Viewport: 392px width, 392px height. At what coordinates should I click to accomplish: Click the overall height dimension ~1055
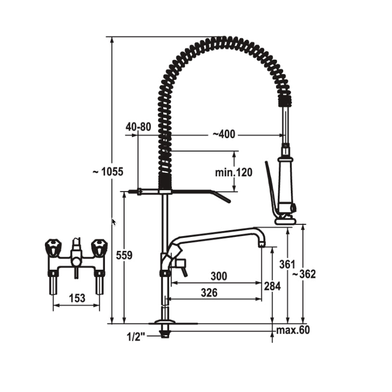pyautogui.click(x=108, y=172)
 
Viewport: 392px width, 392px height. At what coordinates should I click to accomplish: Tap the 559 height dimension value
pyautogui.click(x=124, y=255)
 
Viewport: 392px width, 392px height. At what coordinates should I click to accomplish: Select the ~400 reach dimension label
pyautogui.click(x=224, y=134)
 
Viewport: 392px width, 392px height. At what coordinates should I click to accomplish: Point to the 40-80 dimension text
pyautogui.click(x=138, y=127)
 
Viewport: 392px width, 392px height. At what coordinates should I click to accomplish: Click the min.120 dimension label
pyautogui.click(x=234, y=172)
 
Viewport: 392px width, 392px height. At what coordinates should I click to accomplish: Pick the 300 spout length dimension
pyautogui.click(x=219, y=276)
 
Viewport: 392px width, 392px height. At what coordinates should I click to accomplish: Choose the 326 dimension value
pyautogui.click(x=209, y=292)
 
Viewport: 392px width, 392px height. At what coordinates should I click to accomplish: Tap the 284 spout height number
pyautogui.click(x=272, y=286)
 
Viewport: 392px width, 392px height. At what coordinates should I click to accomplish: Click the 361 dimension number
pyautogui.click(x=287, y=264)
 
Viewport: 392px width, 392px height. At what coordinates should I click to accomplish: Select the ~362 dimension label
pyautogui.click(x=304, y=274)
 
